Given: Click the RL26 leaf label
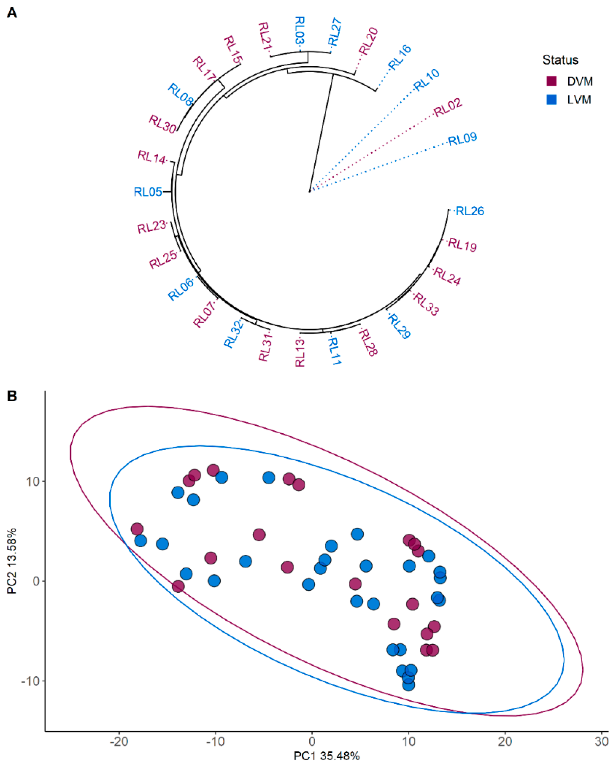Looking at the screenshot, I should pos(470,211).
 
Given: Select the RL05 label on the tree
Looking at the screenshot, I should pos(148,192).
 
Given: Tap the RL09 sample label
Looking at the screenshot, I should pos(462,139).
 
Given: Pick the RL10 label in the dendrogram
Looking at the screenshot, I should pos(426,80).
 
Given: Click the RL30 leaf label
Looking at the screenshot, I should pos(162,124).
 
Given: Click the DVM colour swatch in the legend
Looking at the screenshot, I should pos(551,81).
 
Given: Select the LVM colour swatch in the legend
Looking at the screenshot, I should pos(551,100).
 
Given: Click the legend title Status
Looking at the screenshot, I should pos(560,60).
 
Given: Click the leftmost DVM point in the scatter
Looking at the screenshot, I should pos(137,529).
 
